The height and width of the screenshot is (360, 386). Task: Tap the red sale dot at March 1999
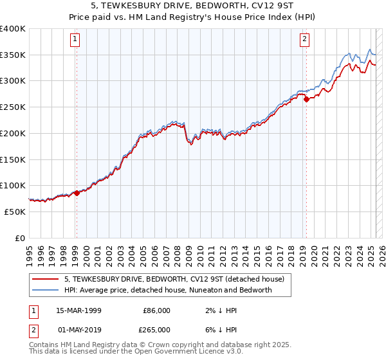pyautogui.click(x=77, y=192)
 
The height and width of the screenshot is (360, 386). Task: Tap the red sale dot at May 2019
pyautogui.click(x=306, y=99)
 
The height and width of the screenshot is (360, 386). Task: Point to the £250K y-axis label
pyautogui.click(x=13, y=107)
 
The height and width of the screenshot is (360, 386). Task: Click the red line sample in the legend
pyautogui.click(x=45, y=279)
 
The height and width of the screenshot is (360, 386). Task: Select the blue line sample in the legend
pyautogui.click(x=45, y=290)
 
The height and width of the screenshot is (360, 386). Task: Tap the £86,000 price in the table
pyautogui.click(x=156, y=310)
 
